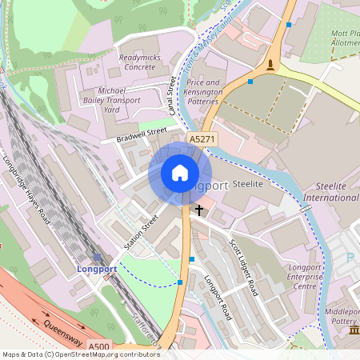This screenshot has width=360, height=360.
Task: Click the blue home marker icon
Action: (x=180, y=173)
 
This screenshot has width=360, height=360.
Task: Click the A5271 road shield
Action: (x=202, y=139)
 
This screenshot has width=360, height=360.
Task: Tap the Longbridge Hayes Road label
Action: (x=27, y=188)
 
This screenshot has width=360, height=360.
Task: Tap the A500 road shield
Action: (x=99, y=346)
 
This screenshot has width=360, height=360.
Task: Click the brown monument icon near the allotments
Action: (x=273, y=65)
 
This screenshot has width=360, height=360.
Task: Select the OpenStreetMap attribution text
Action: (x=80, y=354)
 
